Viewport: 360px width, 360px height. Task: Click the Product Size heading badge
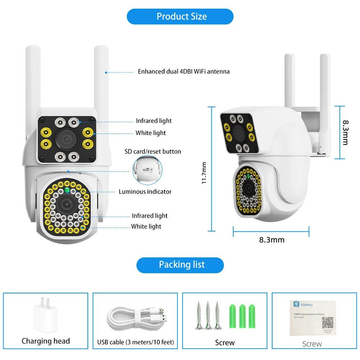coord(180,17)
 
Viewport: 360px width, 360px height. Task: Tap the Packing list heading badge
coord(180,265)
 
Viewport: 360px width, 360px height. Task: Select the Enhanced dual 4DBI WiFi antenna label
coord(184,71)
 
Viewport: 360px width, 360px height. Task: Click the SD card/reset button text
coord(153,151)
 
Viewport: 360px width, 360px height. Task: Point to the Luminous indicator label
coord(145,192)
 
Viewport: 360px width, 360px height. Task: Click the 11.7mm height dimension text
coord(204,173)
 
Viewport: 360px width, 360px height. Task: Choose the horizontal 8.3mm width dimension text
coord(272,240)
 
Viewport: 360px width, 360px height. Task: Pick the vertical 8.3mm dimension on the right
coord(345,132)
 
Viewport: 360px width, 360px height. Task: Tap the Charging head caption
coord(46,341)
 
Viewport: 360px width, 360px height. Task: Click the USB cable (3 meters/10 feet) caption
coord(135,342)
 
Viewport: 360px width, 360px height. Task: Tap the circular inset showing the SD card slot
coord(148,169)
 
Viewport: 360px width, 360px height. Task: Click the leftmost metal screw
coord(198,315)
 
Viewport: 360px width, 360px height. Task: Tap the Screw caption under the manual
coord(312,344)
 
